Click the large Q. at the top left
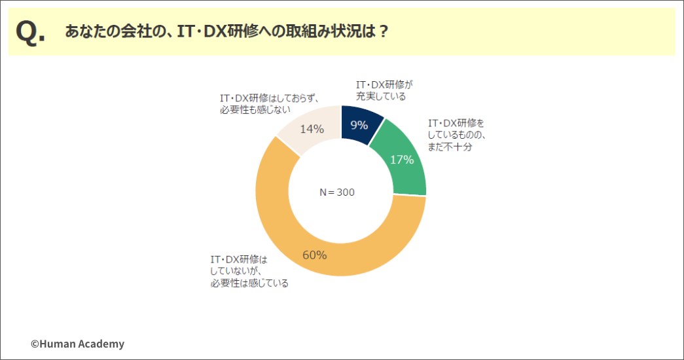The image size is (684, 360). click(30, 32)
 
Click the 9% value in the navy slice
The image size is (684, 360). click(359, 125)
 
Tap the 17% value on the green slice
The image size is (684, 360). click(402, 160)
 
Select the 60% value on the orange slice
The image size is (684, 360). click(315, 255)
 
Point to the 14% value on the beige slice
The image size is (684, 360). click(312, 129)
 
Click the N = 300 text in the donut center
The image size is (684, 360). click(337, 192)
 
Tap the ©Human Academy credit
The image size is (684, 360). click(78, 344)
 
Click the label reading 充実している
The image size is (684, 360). click(381, 96)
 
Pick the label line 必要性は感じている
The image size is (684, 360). click(249, 283)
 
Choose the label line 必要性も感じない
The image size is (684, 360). click(255, 109)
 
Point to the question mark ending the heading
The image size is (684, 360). click(384, 32)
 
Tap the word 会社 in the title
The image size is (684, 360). click(134, 31)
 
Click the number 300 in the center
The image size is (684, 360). click(346, 192)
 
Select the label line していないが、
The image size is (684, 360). click(236, 272)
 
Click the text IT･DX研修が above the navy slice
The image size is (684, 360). click(384, 84)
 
